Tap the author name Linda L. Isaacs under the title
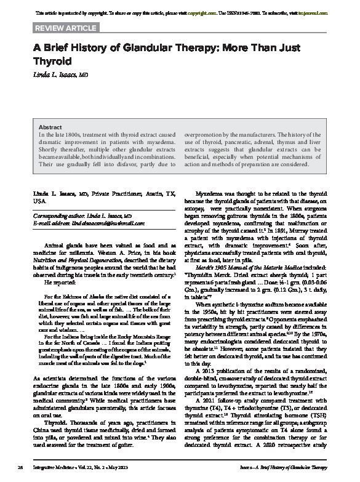61,74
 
